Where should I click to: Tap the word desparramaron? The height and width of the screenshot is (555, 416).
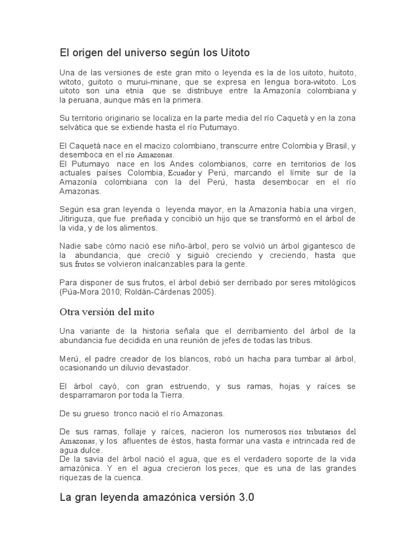coord(89,395)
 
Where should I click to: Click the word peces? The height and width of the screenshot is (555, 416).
coord(228,469)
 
